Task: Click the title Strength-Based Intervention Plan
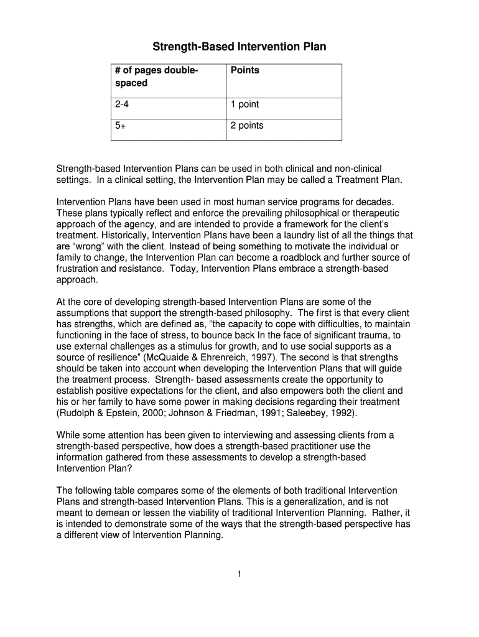click(240, 47)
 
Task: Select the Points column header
click(244, 70)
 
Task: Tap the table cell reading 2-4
click(121, 105)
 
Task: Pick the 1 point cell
click(244, 105)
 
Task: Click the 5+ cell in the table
click(120, 126)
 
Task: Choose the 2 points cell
click(247, 126)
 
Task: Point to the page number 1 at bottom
click(239, 574)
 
